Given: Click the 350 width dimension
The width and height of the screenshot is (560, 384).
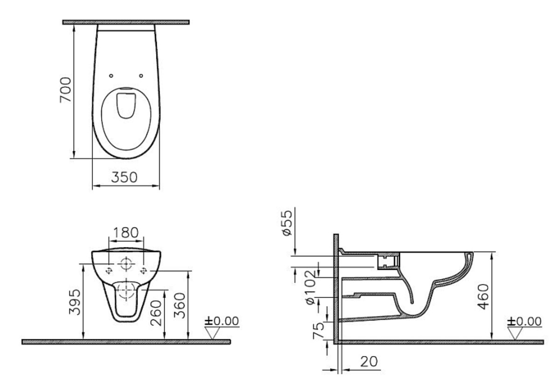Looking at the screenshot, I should (x=125, y=178).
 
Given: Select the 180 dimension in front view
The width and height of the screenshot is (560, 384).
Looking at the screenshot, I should (x=126, y=232).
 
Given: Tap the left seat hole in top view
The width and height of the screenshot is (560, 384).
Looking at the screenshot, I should (x=111, y=75).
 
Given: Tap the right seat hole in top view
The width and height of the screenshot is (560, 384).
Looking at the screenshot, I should (x=141, y=75).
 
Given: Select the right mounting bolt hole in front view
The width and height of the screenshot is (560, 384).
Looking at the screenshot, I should (x=144, y=270).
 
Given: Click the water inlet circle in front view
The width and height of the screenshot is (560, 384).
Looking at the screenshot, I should (x=126, y=264).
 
